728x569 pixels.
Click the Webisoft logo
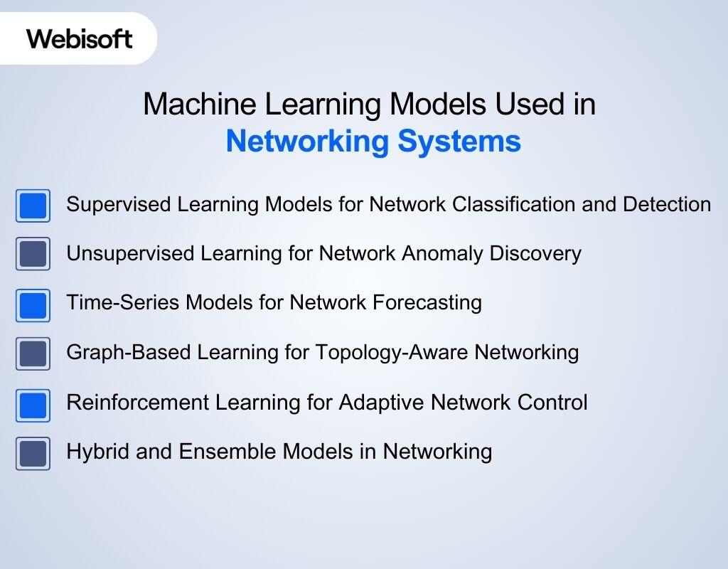click(x=80, y=38)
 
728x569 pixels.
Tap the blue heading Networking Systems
click(x=373, y=142)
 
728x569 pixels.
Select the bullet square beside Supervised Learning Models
click(x=33, y=206)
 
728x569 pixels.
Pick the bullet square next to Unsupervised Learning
click(x=33, y=254)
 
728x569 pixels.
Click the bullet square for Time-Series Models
click(x=33, y=305)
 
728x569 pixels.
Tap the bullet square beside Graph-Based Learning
click(x=33, y=353)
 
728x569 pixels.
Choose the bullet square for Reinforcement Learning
click(x=33, y=405)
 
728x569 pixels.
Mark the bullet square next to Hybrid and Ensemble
click(x=33, y=453)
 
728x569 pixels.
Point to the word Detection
click(x=667, y=205)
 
